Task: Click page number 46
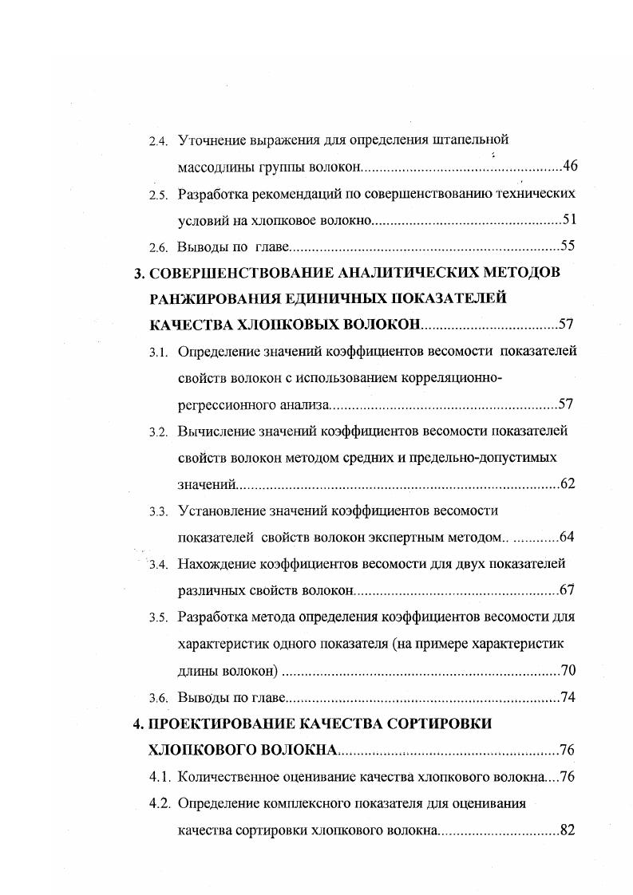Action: tap(570, 167)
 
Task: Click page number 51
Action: tap(570, 220)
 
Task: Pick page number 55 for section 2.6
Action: tap(568, 246)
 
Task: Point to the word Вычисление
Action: tap(216, 432)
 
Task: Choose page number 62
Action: tap(568, 484)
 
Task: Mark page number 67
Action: tap(568, 590)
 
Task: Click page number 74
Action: tap(568, 697)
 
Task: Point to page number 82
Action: tap(568, 830)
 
